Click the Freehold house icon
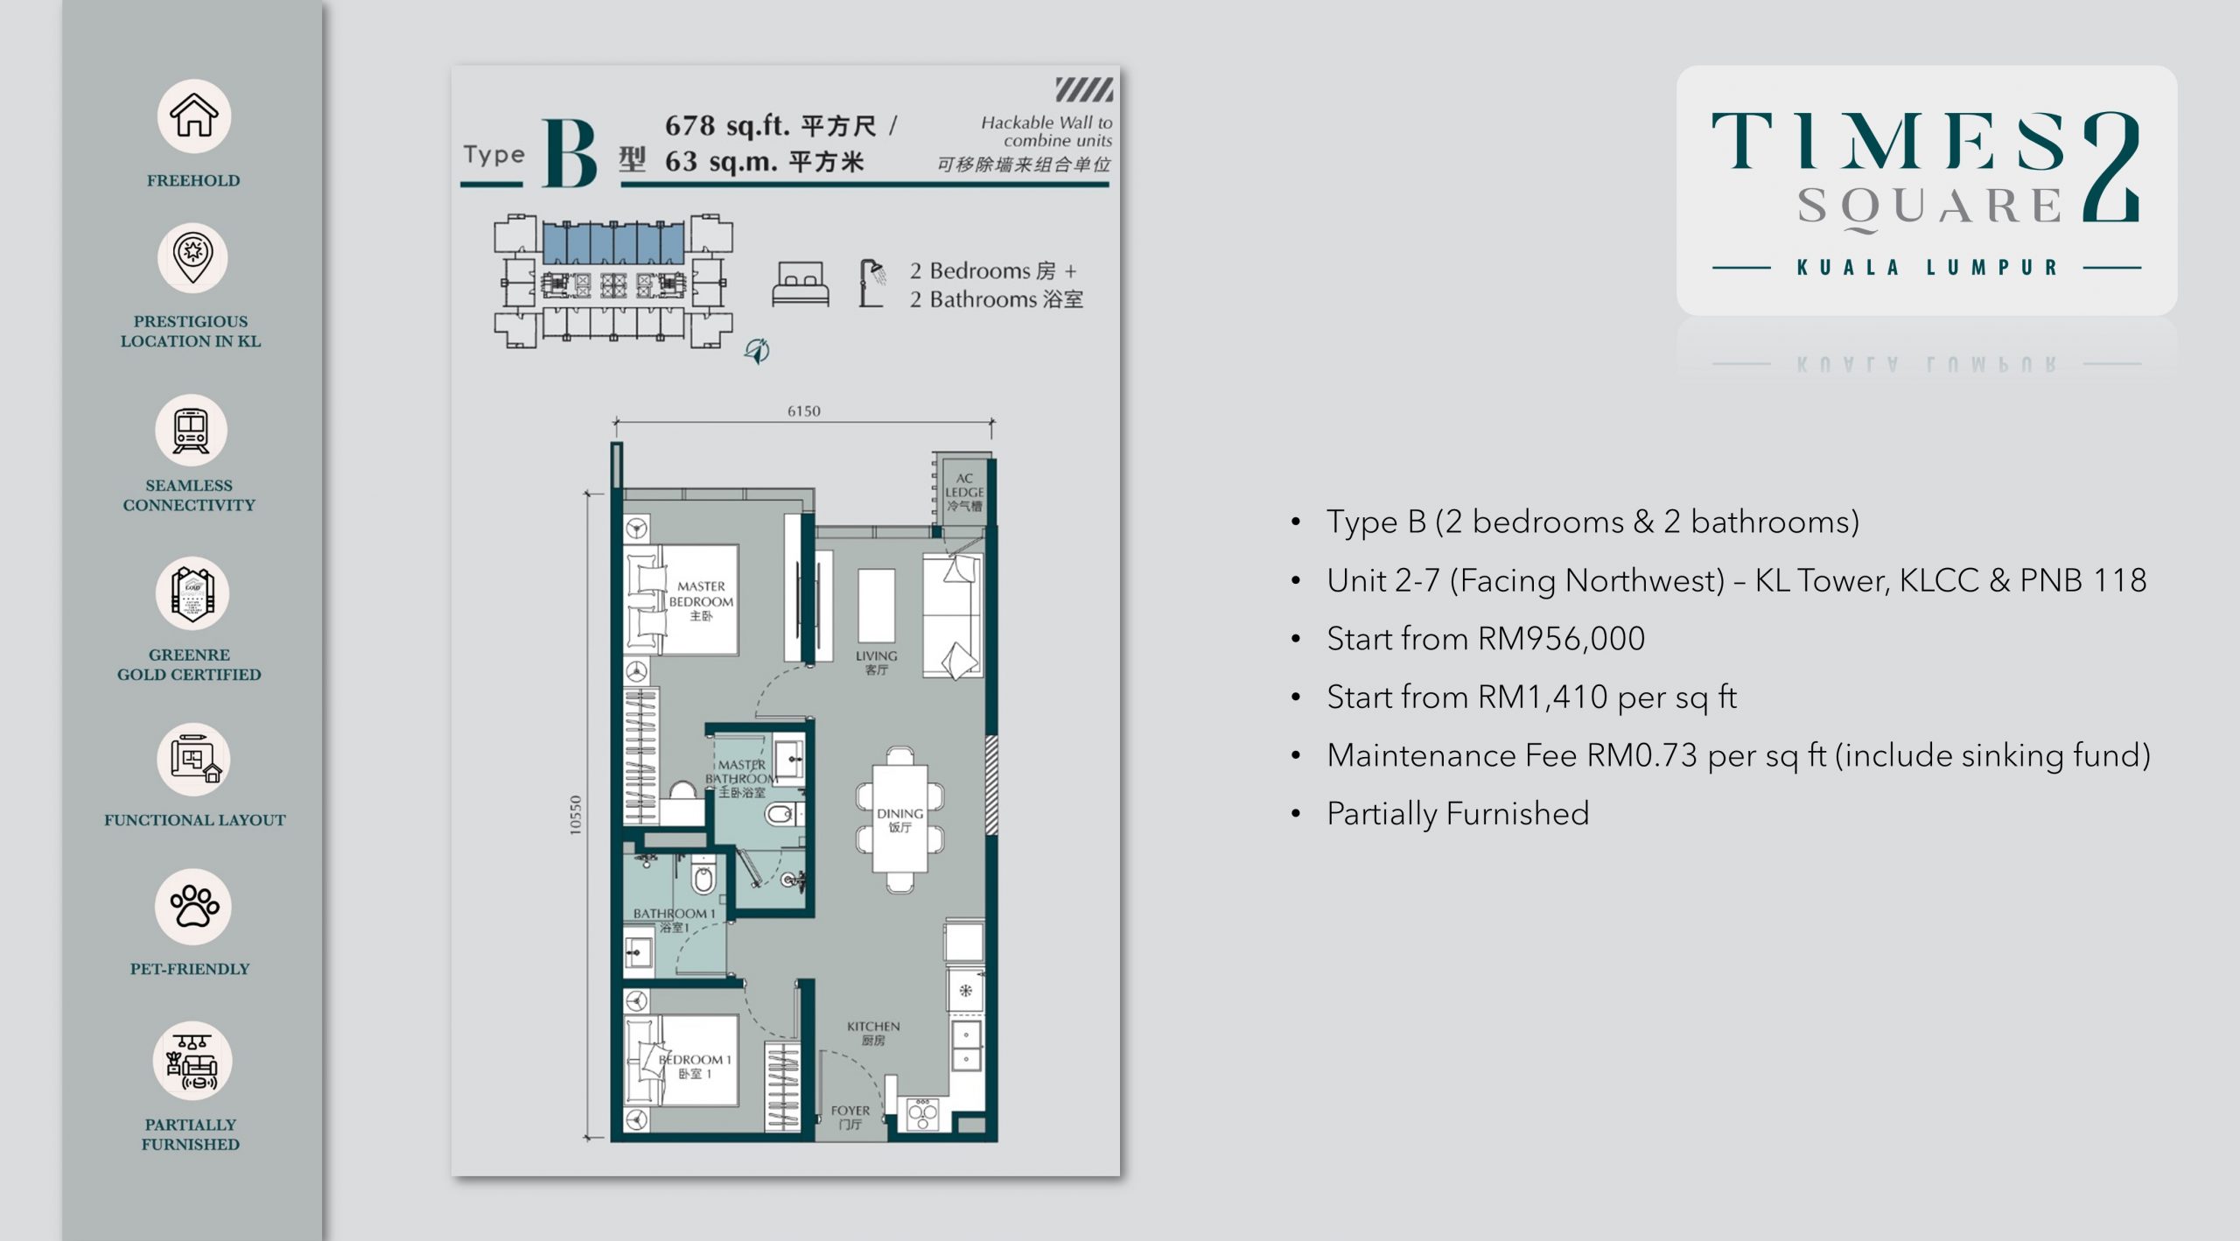193,116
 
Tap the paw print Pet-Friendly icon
194,906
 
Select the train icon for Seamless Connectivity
191,431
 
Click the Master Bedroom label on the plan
701,600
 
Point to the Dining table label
899,820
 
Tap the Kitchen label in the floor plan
873,1033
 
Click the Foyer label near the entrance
850,1117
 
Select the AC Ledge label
964,492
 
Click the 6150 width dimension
803,410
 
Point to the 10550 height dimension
575,814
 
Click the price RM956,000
1561,638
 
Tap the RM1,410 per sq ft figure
1607,697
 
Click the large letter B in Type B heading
570,153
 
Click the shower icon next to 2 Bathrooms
871,283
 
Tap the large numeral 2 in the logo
2111,166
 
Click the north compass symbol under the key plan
757,351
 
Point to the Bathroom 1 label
674,919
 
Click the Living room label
876,663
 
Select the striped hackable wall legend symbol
1084,89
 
